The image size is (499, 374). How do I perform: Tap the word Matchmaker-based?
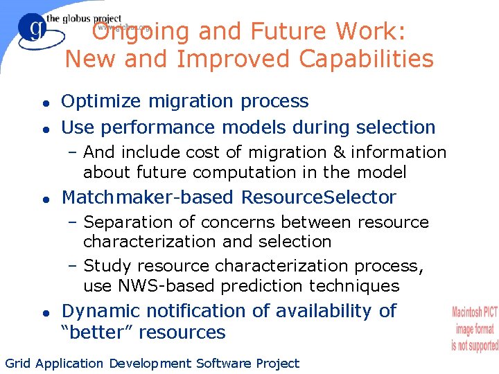tap(148, 197)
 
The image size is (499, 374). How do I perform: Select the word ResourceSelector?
tap(318, 197)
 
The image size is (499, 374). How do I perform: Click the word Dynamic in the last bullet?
tap(101, 311)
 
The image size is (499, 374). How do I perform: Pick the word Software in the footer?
tap(224, 363)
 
